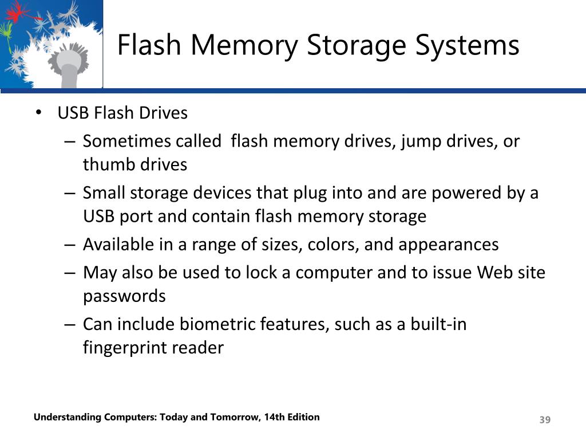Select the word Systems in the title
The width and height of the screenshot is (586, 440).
tap(468, 45)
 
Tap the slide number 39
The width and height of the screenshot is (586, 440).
tap(545, 421)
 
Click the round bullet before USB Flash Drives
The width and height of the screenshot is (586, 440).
tap(38, 113)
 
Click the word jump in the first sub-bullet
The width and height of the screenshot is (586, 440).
tap(419, 141)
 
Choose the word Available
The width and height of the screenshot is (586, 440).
tap(118, 245)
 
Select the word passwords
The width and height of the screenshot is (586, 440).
tap(124, 296)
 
